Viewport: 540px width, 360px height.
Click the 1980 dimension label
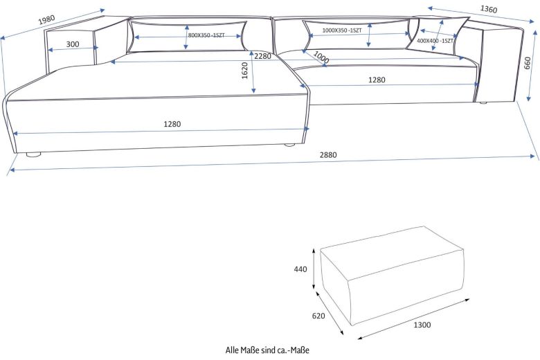pos(46,19)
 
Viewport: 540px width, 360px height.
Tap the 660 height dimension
pos(527,64)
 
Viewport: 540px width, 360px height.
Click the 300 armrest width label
pos(72,44)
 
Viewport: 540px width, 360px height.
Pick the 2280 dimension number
pos(262,56)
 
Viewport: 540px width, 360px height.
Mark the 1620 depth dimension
pos(245,71)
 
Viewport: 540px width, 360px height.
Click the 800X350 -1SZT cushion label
pos(206,35)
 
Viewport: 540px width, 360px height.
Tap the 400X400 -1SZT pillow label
pos(435,41)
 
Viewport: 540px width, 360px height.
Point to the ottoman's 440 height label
pos(300,270)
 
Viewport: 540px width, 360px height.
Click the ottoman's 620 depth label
pos(318,316)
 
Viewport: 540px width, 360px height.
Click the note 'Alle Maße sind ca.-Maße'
pos(268,350)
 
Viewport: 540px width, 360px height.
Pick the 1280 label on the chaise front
pos(172,125)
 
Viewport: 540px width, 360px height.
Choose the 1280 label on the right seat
pos(377,80)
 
